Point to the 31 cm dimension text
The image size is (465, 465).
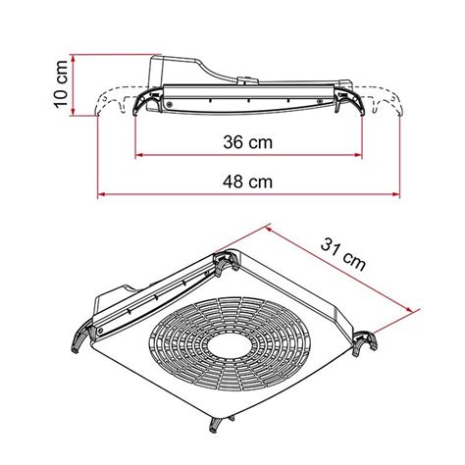[x=343, y=256]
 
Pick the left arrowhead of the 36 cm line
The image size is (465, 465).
[x=137, y=156]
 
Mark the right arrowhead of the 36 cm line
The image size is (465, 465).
[x=359, y=156]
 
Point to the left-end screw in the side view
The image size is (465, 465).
[x=169, y=101]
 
